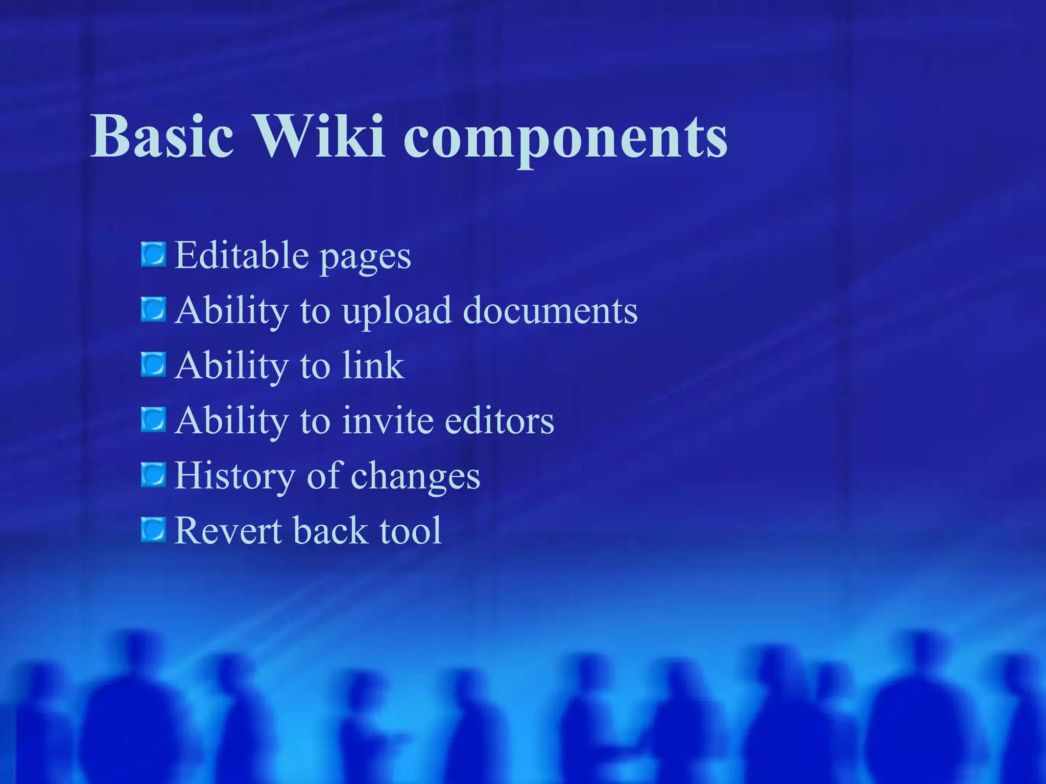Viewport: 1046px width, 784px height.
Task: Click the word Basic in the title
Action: point(162,136)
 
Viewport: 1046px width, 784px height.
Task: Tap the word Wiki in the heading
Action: point(319,136)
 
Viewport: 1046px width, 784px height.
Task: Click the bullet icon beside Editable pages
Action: point(153,255)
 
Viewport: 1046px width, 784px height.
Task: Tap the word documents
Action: point(550,310)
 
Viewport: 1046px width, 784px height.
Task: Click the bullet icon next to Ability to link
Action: point(153,365)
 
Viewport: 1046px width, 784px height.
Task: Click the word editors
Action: point(499,421)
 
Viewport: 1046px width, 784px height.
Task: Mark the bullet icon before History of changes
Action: point(153,475)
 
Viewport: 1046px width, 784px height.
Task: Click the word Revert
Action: point(228,531)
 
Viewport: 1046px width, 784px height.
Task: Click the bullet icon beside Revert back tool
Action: point(153,530)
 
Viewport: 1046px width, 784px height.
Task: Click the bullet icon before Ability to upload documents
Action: point(153,310)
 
